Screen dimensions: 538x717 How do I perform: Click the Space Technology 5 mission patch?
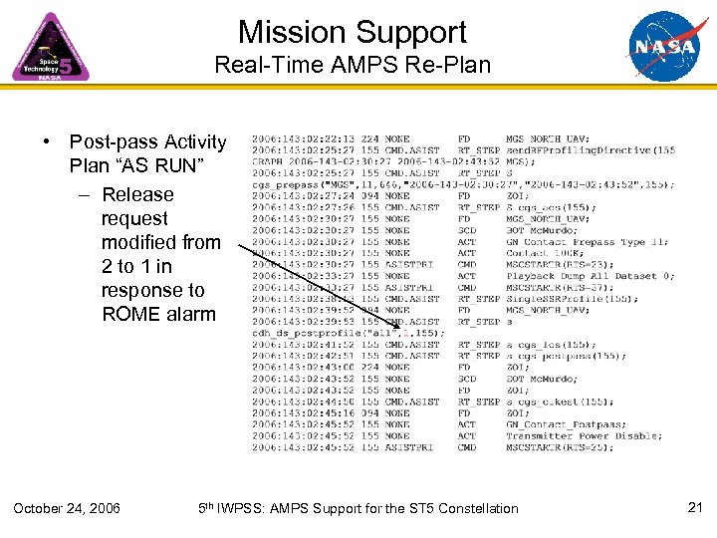[x=50, y=47]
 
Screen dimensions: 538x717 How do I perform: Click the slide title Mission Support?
[x=353, y=32]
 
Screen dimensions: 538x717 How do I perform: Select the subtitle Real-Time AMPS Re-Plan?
[x=353, y=66]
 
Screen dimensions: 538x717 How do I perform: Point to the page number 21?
[x=696, y=508]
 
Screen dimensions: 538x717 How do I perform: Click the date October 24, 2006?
[x=67, y=509]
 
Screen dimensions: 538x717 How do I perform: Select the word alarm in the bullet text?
[x=191, y=314]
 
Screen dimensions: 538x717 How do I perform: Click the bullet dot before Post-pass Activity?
[x=48, y=142]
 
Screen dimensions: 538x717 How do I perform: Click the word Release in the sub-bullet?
[x=137, y=194]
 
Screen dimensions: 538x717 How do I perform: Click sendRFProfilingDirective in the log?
[x=591, y=150]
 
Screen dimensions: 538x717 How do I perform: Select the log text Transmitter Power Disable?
[x=583, y=436]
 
